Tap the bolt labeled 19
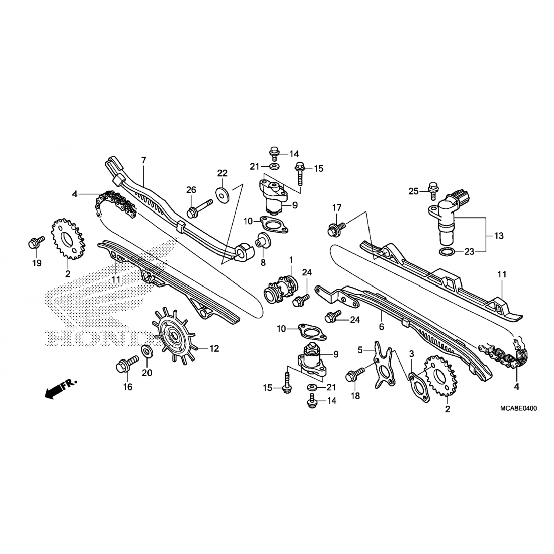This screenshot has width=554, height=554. [x=36, y=242]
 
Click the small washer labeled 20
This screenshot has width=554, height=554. [x=147, y=350]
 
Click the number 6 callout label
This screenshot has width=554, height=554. [x=382, y=326]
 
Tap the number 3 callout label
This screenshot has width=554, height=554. [x=411, y=354]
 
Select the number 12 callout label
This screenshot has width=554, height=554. [x=214, y=348]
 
